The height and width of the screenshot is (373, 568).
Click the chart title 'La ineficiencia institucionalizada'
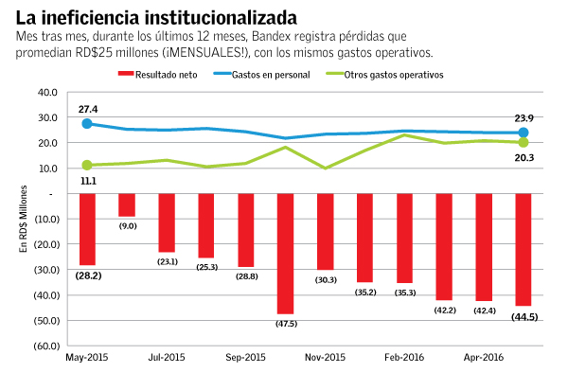[151, 16]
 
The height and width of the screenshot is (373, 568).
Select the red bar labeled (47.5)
[285, 253]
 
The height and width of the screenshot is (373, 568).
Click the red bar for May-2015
[87, 229]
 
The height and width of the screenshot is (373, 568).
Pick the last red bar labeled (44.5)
[523, 250]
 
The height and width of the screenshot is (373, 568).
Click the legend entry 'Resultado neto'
[157, 74]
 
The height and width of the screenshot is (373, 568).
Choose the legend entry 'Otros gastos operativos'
[390, 74]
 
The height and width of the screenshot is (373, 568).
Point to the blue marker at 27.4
[87, 124]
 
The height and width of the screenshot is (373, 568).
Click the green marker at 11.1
[87, 166]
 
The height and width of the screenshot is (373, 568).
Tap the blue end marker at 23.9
[523, 133]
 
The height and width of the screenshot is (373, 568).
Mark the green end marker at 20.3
[523, 142]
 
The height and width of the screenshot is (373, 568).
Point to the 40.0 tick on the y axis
[46, 92]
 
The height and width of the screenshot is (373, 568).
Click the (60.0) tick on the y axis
[44, 346]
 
